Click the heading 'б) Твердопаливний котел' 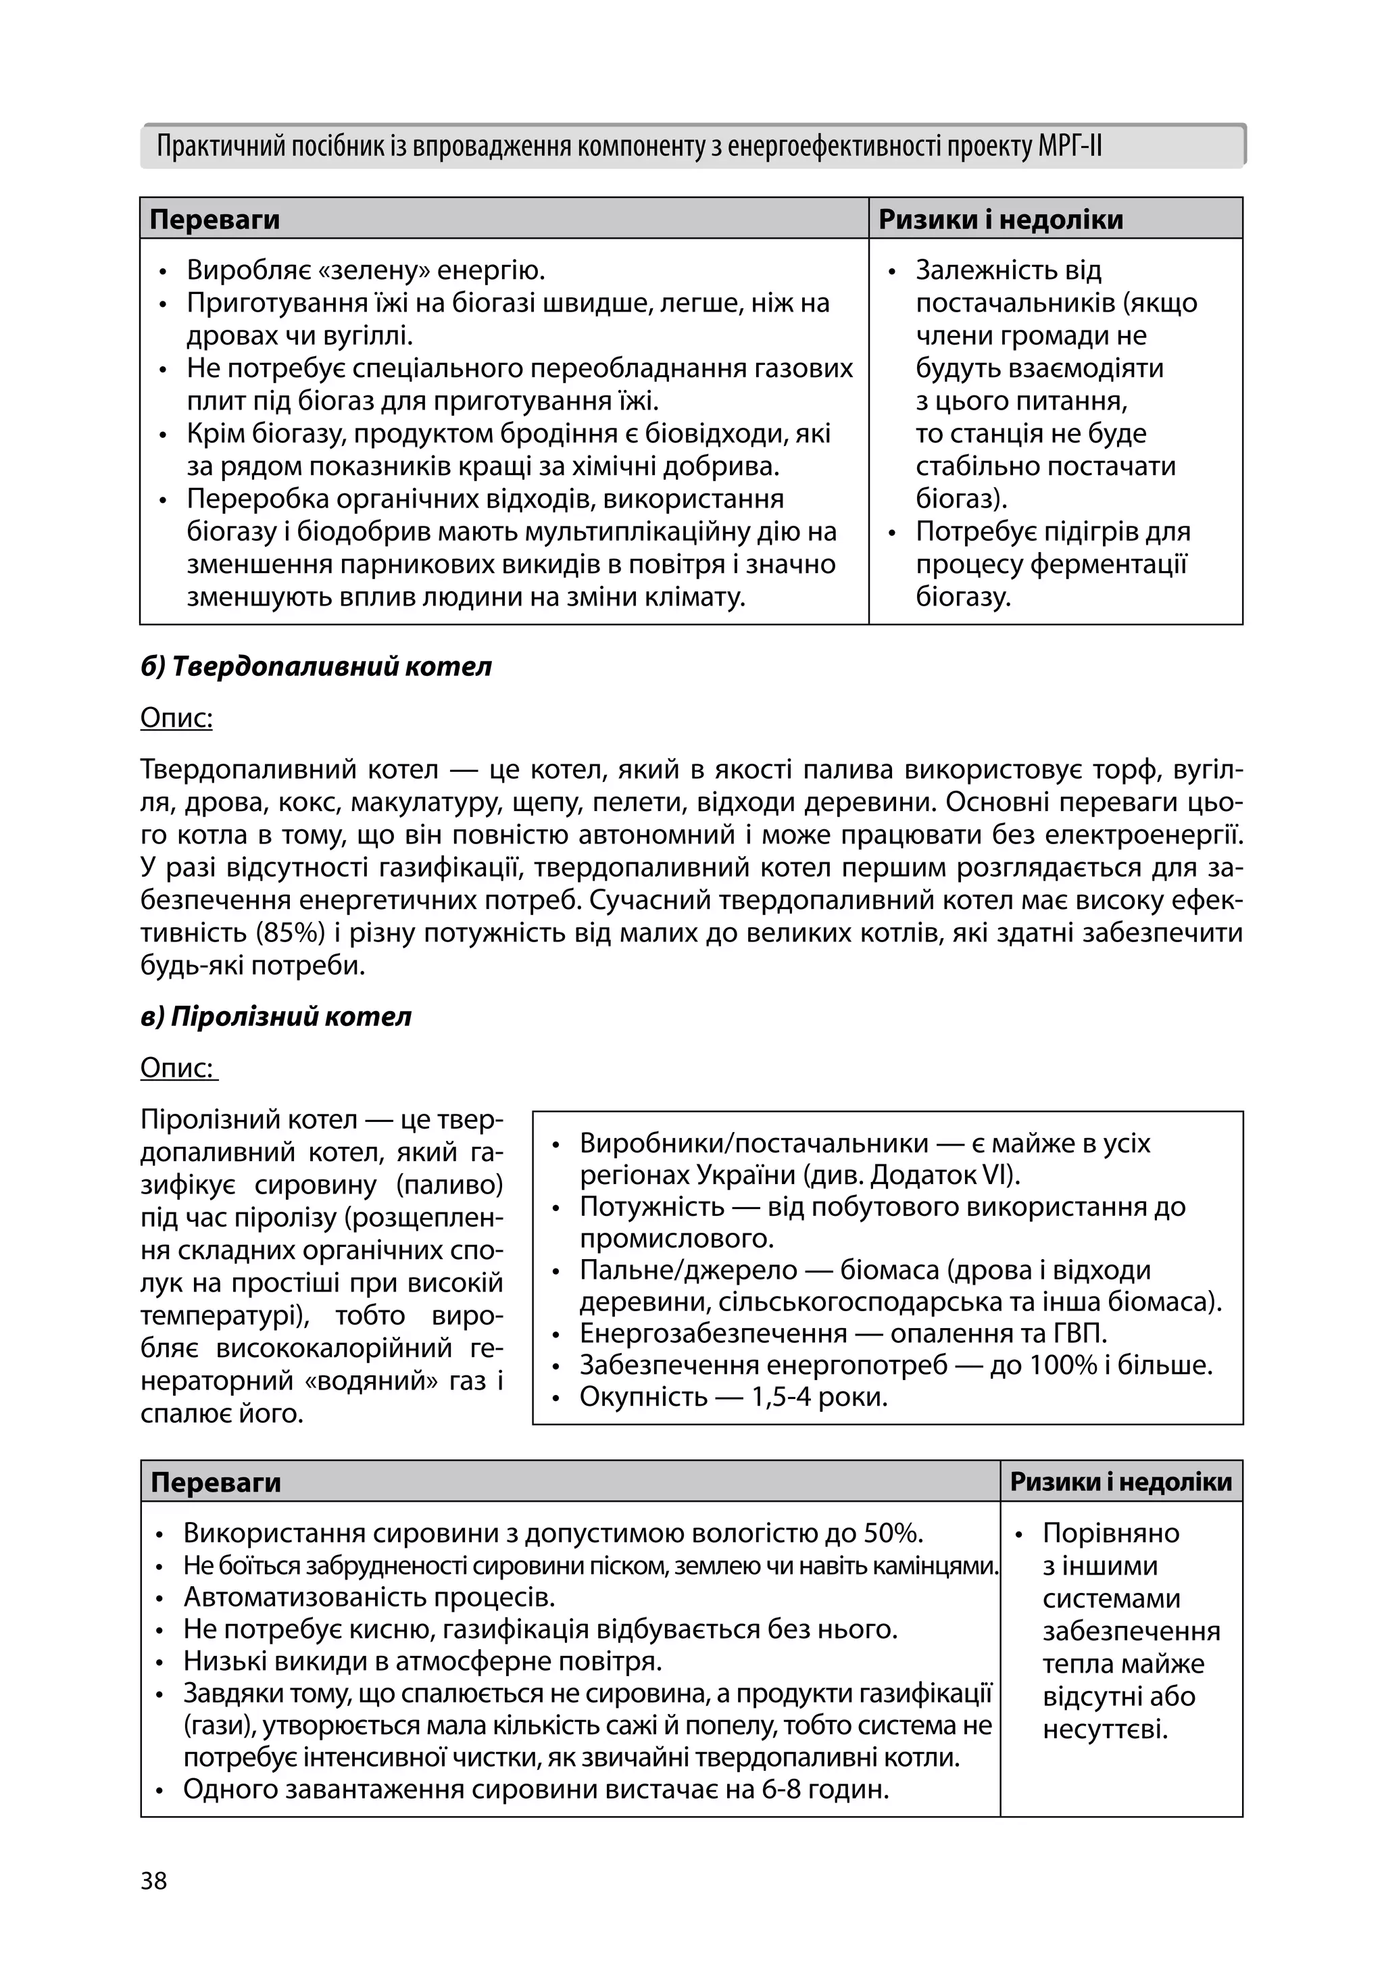tap(316, 666)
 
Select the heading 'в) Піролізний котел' tap(276, 1016)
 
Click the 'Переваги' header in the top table tap(215, 220)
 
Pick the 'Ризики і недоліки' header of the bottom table tap(1120, 1482)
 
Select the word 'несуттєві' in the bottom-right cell tap(1105, 1729)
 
